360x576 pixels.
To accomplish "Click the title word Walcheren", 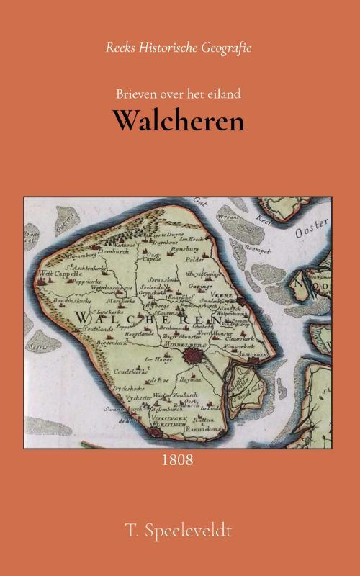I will (177, 121).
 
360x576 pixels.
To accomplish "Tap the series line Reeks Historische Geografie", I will (179, 48).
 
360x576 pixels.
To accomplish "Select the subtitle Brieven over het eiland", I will (178, 93).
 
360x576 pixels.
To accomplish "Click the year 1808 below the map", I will (179, 459).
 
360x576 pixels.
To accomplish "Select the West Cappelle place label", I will (53, 274).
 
